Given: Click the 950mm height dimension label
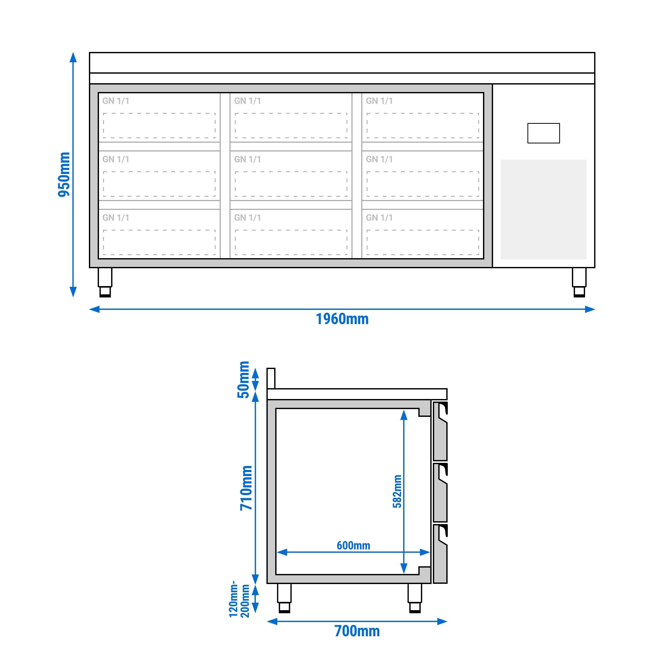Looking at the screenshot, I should click(x=64, y=174).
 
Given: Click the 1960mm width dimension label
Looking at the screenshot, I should click(x=342, y=319).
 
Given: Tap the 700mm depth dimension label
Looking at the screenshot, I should click(x=357, y=631).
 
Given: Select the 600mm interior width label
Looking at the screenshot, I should click(x=353, y=546).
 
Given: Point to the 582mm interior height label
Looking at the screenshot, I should click(x=397, y=491).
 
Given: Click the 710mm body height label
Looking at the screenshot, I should click(x=246, y=488).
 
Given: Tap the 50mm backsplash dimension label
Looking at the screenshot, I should click(x=243, y=380).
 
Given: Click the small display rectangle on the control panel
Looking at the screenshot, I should click(x=543, y=133).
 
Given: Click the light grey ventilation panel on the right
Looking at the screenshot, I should click(x=543, y=209).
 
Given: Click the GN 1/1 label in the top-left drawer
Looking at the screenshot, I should click(x=116, y=101).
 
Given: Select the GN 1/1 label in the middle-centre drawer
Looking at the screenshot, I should click(x=248, y=159).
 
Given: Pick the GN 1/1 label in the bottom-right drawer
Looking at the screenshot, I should click(x=379, y=218).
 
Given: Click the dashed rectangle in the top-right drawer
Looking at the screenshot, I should click(x=423, y=125).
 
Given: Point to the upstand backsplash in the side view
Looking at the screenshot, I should click(x=271, y=378).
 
